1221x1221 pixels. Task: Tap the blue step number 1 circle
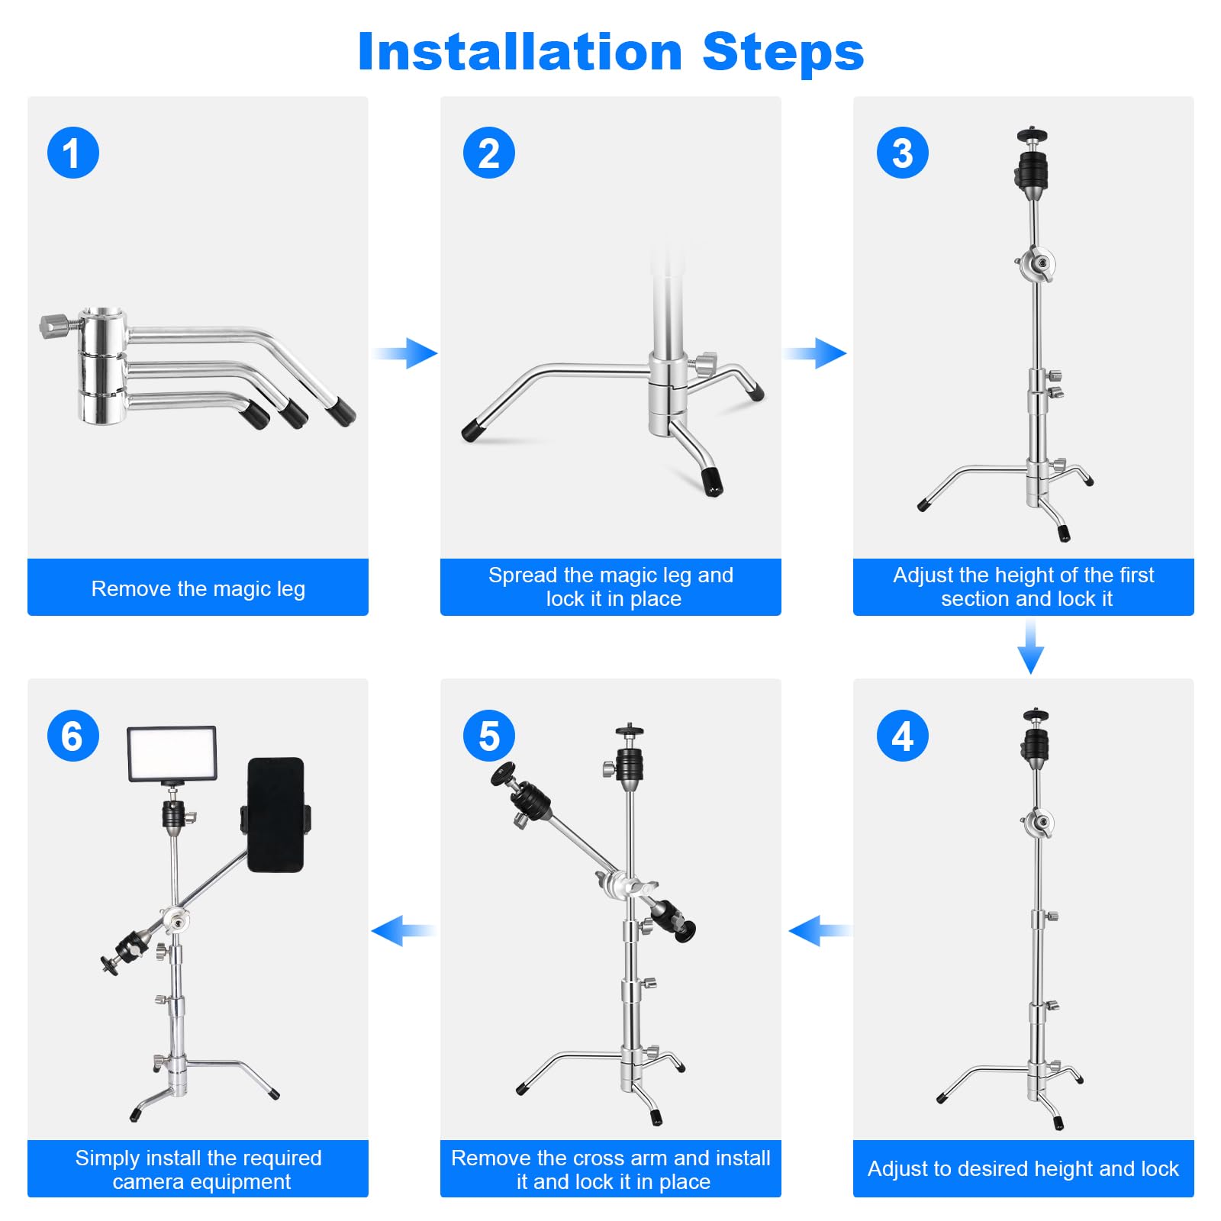[x=73, y=153]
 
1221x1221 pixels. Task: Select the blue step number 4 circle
[x=902, y=736]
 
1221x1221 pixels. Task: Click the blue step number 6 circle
[x=73, y=736]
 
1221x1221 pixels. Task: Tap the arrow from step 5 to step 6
[x=403, y=930]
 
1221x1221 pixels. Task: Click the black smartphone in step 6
[x=275, y=814]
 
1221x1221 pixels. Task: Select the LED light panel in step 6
[x=172, y=754]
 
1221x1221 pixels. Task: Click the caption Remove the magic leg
[x=198, y=588]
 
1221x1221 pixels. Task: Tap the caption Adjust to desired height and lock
[x=1023, y=1168]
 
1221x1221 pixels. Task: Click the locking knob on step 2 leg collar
[x=707, y=362]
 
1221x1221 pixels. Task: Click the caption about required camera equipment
[x=198, y=1169]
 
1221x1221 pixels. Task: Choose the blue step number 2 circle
[x=488, y=153]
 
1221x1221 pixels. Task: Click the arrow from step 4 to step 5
[x=820, y=930]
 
